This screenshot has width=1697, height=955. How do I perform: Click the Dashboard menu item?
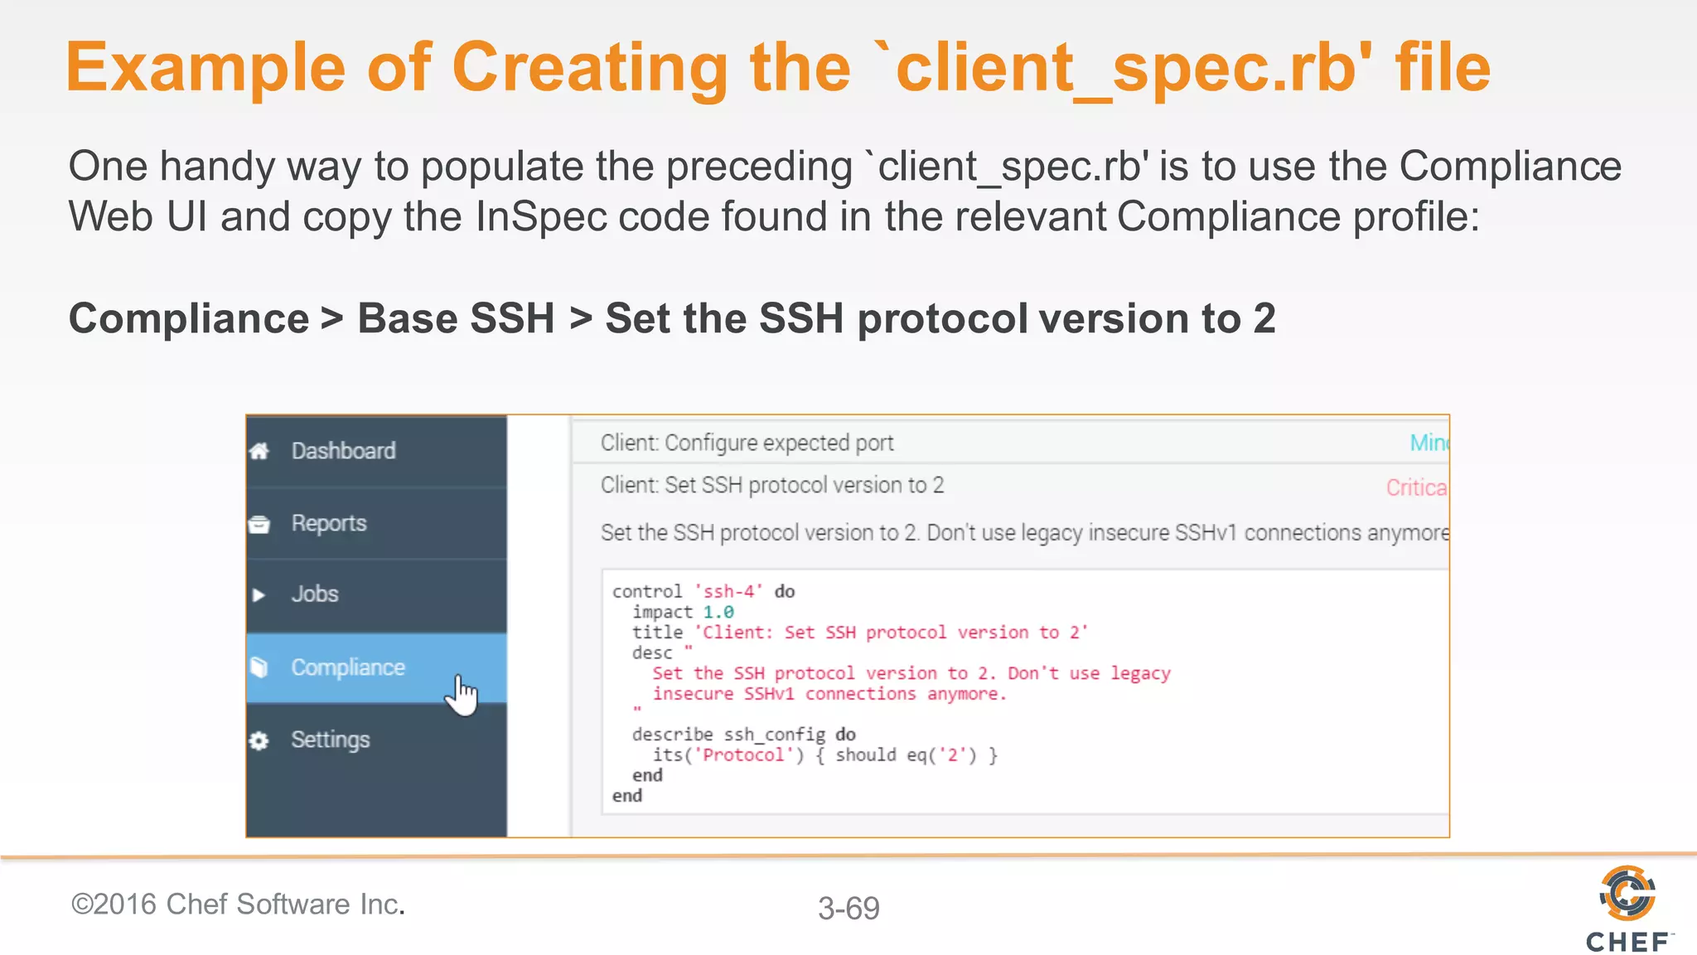[x=343, y=451]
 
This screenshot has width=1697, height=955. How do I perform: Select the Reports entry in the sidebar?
[x=328, y=523]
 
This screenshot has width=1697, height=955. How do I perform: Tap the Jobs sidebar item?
[x=315, y=594]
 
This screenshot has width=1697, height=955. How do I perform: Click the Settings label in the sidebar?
[x=330, y=739]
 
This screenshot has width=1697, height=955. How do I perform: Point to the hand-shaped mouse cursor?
[x=462, y=694]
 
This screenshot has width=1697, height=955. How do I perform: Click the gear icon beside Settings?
[x=259, y=740]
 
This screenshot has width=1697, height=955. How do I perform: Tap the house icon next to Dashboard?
[x=259, y=451]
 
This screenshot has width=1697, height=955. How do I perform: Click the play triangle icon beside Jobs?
[x=259, y=595]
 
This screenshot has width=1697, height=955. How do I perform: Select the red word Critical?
[x=1415, y=487]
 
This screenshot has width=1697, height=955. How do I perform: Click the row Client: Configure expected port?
[x=747, y=443]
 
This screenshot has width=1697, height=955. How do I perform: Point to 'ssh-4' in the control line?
[x=728, y=591]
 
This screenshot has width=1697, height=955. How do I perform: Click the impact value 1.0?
[x=718, y=612]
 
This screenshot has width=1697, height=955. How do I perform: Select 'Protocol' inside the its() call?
[x=742, y=755]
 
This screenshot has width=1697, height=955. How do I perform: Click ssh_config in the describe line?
[x=774, y=734]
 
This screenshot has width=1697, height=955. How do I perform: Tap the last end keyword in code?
[x=627, y=796]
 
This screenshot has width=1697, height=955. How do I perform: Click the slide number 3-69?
[x=848, y=908]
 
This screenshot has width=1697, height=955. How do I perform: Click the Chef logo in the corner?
[x=1627, y=909]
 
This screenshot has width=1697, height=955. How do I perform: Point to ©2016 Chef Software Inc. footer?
[x=238, y=904]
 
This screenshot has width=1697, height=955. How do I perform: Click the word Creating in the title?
[x=589, y=68]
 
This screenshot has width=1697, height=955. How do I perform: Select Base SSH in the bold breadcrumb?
[x=456, y=318]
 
